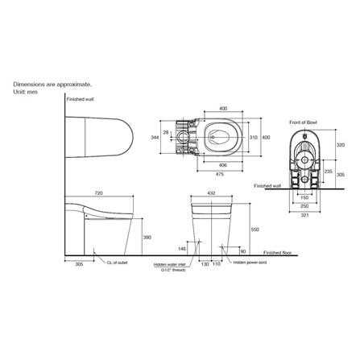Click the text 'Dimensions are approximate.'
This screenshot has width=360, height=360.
52,84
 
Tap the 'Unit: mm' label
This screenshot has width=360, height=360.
25,91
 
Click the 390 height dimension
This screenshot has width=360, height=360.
147,238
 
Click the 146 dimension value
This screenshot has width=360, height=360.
182,249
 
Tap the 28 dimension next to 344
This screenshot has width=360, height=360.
167,132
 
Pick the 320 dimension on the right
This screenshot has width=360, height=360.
339,146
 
